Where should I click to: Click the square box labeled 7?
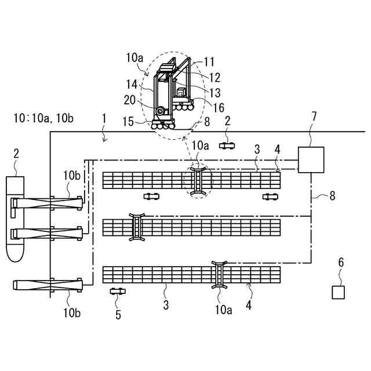tap(311, 160)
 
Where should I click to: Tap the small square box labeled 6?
tap(338, 292)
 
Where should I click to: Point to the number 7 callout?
tap(314, 117)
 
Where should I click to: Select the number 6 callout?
tap(341, 263)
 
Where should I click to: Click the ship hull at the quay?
tap(15, 220)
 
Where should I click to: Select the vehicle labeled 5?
tap(118, 291)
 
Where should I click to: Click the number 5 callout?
tap(118, 315)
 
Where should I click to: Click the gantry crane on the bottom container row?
tap(220, 274)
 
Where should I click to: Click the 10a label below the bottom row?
tap(224, 310)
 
